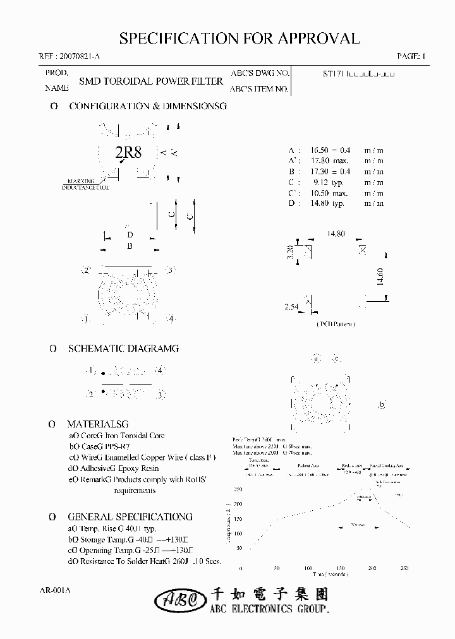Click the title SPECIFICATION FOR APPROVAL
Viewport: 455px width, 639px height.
240,38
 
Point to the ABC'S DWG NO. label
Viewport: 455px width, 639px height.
260,73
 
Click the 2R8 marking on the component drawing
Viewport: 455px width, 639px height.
128,153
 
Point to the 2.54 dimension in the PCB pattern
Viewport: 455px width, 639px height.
291,307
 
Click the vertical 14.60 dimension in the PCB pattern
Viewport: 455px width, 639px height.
379,276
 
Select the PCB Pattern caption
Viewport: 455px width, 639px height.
336,324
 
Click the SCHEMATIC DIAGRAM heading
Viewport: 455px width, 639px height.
123,348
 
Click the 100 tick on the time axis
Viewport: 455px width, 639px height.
309,568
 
